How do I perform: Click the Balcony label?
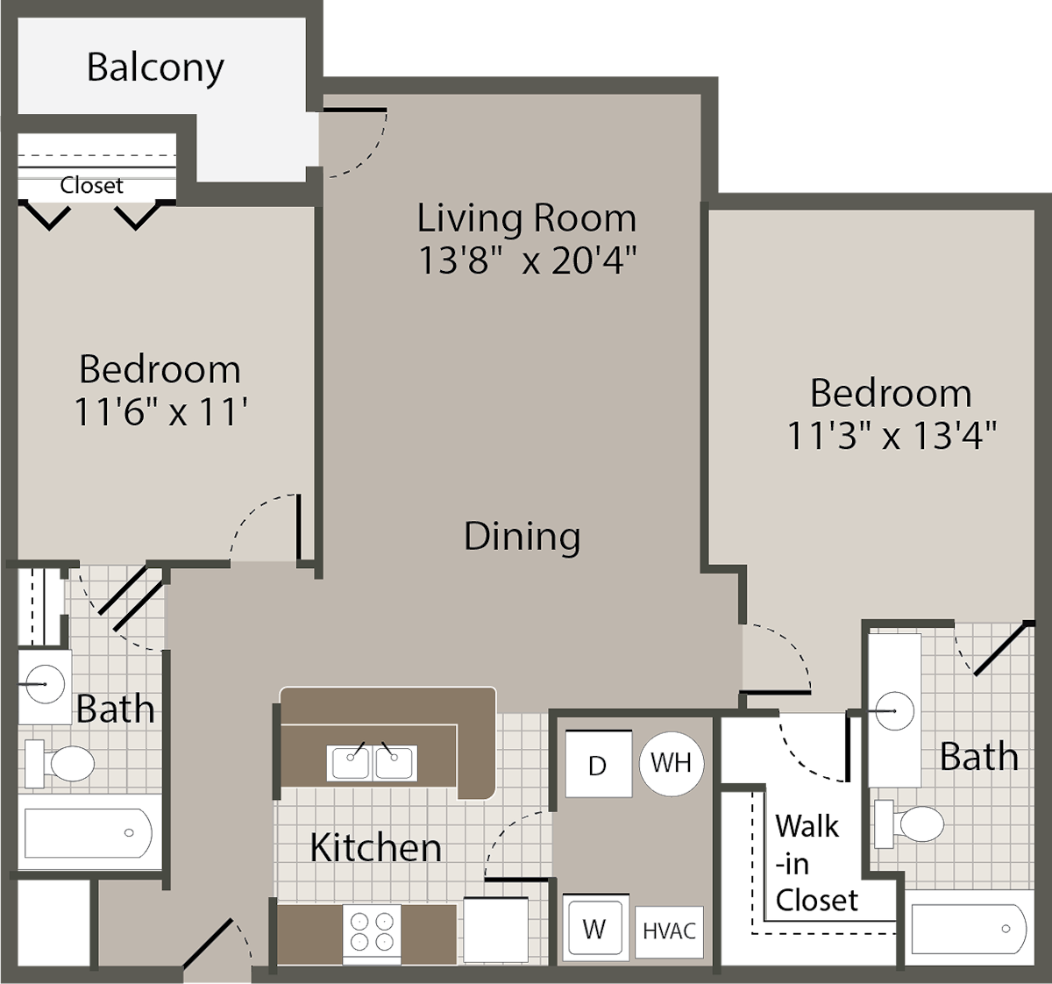tap(155, 68)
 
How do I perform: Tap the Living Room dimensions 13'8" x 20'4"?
tap(526, 260)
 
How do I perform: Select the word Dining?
tap(522, 537)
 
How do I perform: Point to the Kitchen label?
tap(375, 847)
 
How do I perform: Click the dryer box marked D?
tap(598, 765)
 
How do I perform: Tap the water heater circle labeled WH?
tap(671, 763)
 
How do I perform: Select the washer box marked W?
tap(594, 928)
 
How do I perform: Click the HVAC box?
tap(669, 931)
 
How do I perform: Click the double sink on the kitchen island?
tap(373, 762)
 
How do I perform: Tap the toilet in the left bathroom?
tap(61, 763)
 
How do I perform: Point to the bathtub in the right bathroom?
tap(968, 928)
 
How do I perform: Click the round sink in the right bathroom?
tap(892, 711)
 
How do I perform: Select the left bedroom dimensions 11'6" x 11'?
tap(160, 411)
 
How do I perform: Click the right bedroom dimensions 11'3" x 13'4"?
tap(892, 435)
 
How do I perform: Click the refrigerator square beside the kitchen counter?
tap(496, 931)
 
